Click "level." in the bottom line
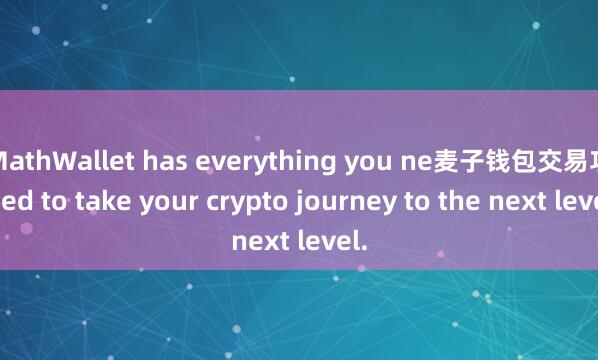coord(333,241)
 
